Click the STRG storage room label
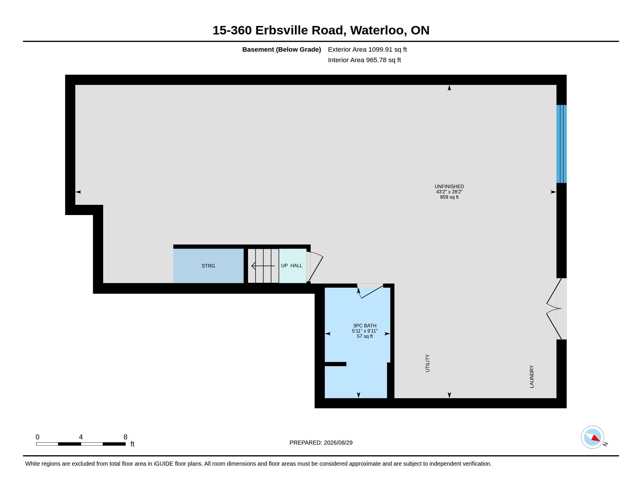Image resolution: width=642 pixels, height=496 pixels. [x=208, y=266]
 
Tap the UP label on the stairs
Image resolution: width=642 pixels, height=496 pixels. [x=284, y=266]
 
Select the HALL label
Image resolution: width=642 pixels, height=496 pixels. [x=296, y=266]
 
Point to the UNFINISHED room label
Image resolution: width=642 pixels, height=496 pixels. [x=449, y=187]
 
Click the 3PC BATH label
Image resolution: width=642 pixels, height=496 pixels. [x=364, y=326]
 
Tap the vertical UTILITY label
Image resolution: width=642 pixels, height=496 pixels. [x=428, y=363]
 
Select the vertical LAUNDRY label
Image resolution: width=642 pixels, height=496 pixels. [x=531, y=376]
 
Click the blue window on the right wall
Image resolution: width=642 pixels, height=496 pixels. [x=561, y=144]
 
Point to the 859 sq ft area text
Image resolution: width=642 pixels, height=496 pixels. [x=449, y=197]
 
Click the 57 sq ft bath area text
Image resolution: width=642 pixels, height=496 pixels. [x=364, y=336]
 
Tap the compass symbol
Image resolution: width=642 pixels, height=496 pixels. [x=592, y=437]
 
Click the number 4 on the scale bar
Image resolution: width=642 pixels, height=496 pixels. [x=81, y=437]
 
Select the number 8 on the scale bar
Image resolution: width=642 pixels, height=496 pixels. [x=125, y=437]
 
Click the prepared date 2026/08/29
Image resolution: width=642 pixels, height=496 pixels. [x=338, y=443]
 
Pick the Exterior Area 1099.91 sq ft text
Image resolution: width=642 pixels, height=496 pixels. [x=367, y=49]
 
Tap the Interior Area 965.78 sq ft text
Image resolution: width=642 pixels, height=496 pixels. [x=364, y=60]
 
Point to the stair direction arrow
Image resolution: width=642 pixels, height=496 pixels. [x=263, y=266]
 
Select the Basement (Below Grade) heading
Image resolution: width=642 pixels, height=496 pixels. [x=281, y=49]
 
